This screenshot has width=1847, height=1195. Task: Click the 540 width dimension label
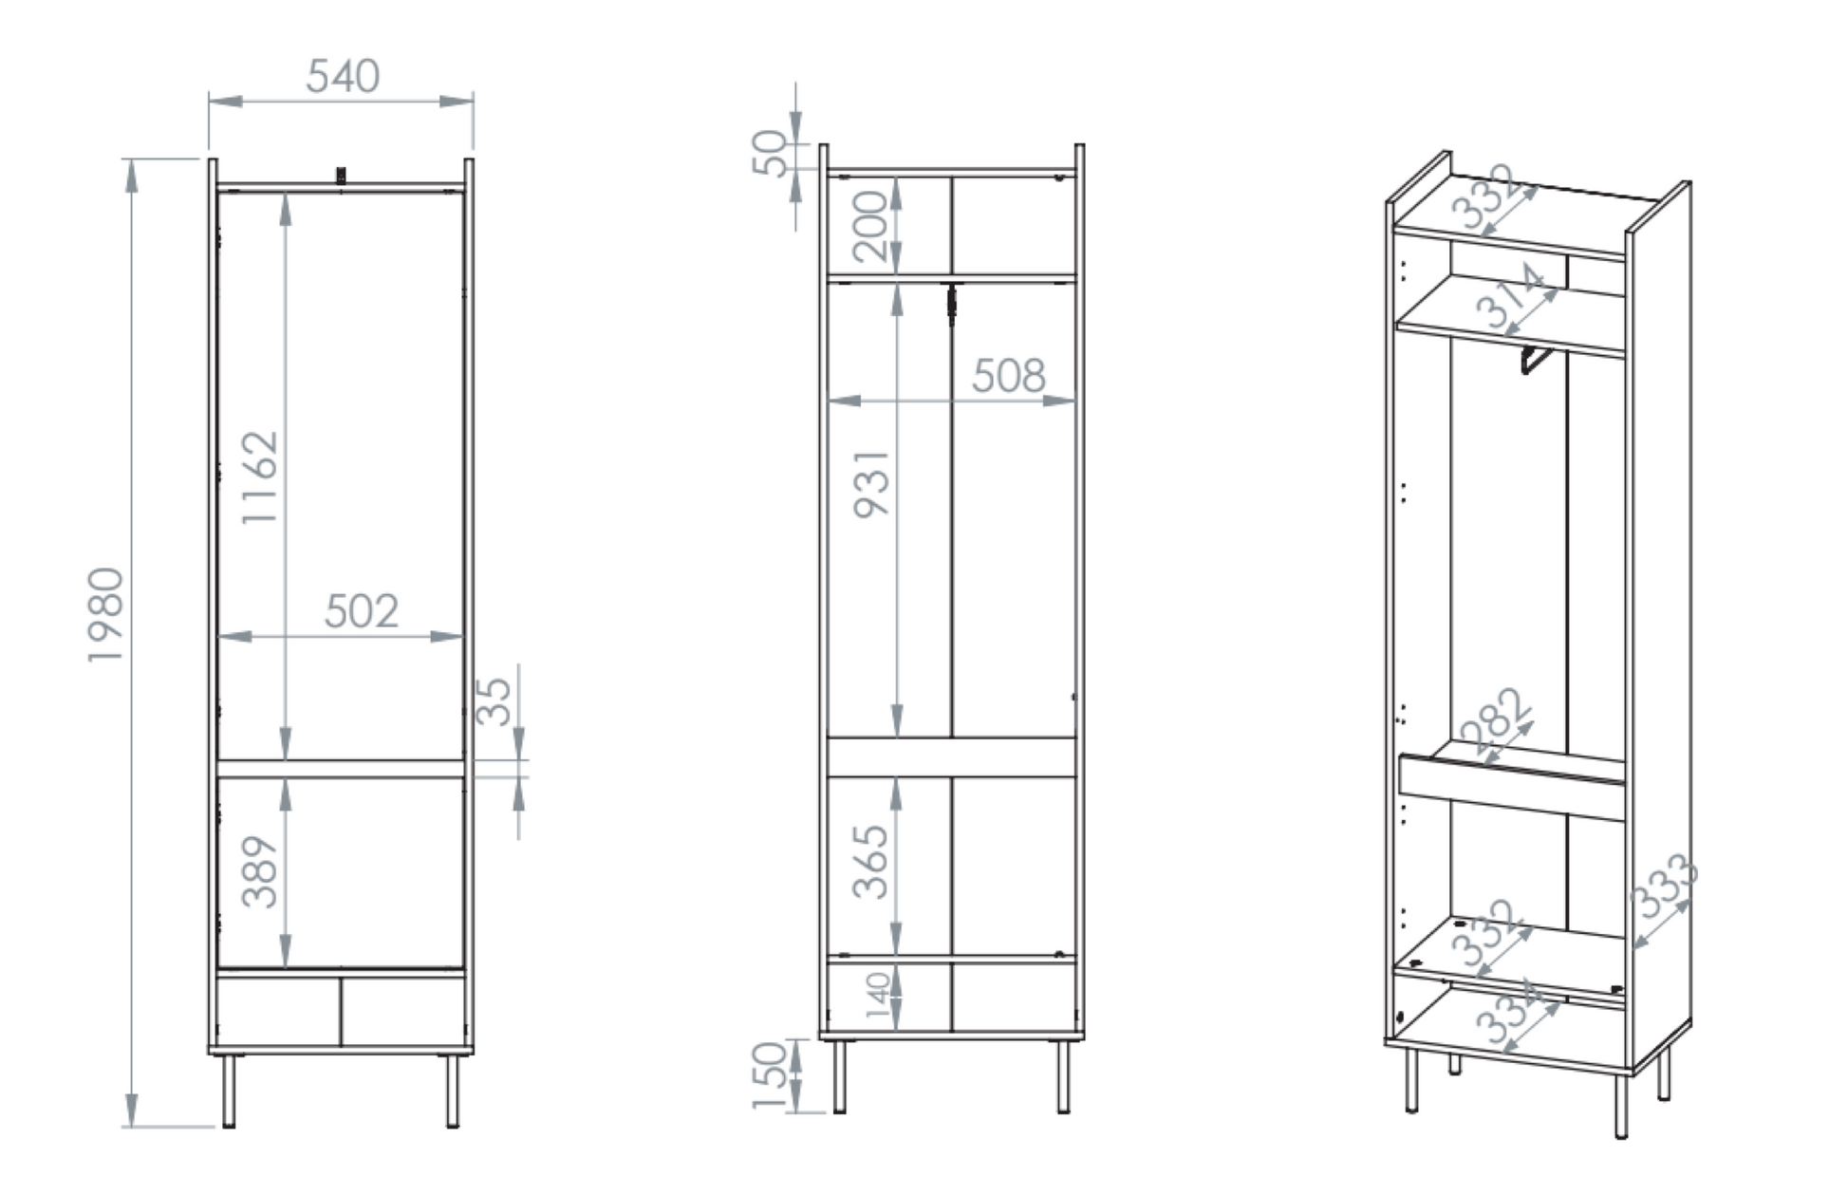[x=343, y=76]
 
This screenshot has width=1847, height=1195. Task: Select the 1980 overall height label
[x=105, y=615]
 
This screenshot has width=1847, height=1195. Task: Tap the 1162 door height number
[x=259, y=477]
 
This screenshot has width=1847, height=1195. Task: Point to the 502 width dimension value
[x=361, y=611]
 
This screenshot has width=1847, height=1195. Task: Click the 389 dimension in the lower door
[x=259, y=871]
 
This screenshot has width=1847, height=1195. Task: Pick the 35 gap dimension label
[x=493, y=701]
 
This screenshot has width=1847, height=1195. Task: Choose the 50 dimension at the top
[x=770, y=153]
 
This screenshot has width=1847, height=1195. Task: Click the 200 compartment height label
[x=869, y=226]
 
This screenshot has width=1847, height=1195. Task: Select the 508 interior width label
[x=1009, y=377]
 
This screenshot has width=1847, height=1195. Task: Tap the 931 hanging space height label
[x=872, y=484]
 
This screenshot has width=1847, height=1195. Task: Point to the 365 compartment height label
[x=869, y=862]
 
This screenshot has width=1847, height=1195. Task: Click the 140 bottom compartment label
[x=878, y=995]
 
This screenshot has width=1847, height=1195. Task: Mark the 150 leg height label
[x=770, y=1075]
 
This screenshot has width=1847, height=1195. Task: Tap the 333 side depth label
[x=1664, y=887]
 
